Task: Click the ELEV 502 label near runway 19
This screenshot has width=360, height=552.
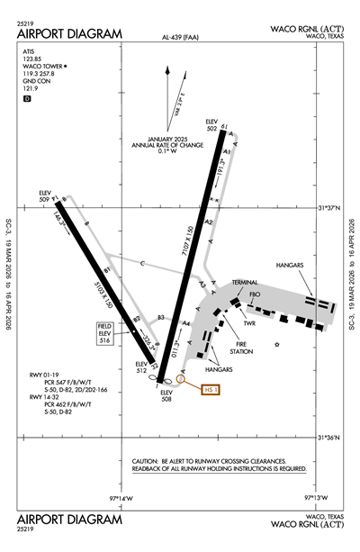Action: (x=212, y=125)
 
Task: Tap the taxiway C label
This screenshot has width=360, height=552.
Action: (x=142, y=263)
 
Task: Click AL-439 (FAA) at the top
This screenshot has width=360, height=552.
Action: (x=180, y=39)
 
